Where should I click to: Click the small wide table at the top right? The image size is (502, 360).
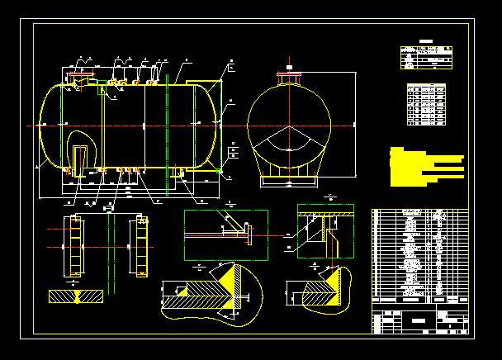point(427,57)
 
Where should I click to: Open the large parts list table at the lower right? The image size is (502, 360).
point(419,256)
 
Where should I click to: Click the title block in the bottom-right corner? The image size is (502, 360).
point(419,320)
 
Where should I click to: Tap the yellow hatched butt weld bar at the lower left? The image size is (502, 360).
point(77,296)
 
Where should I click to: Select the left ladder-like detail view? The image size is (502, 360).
point(74,245)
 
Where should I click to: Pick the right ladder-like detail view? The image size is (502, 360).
point(140,245)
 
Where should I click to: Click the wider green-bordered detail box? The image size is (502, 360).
point(225,234)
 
